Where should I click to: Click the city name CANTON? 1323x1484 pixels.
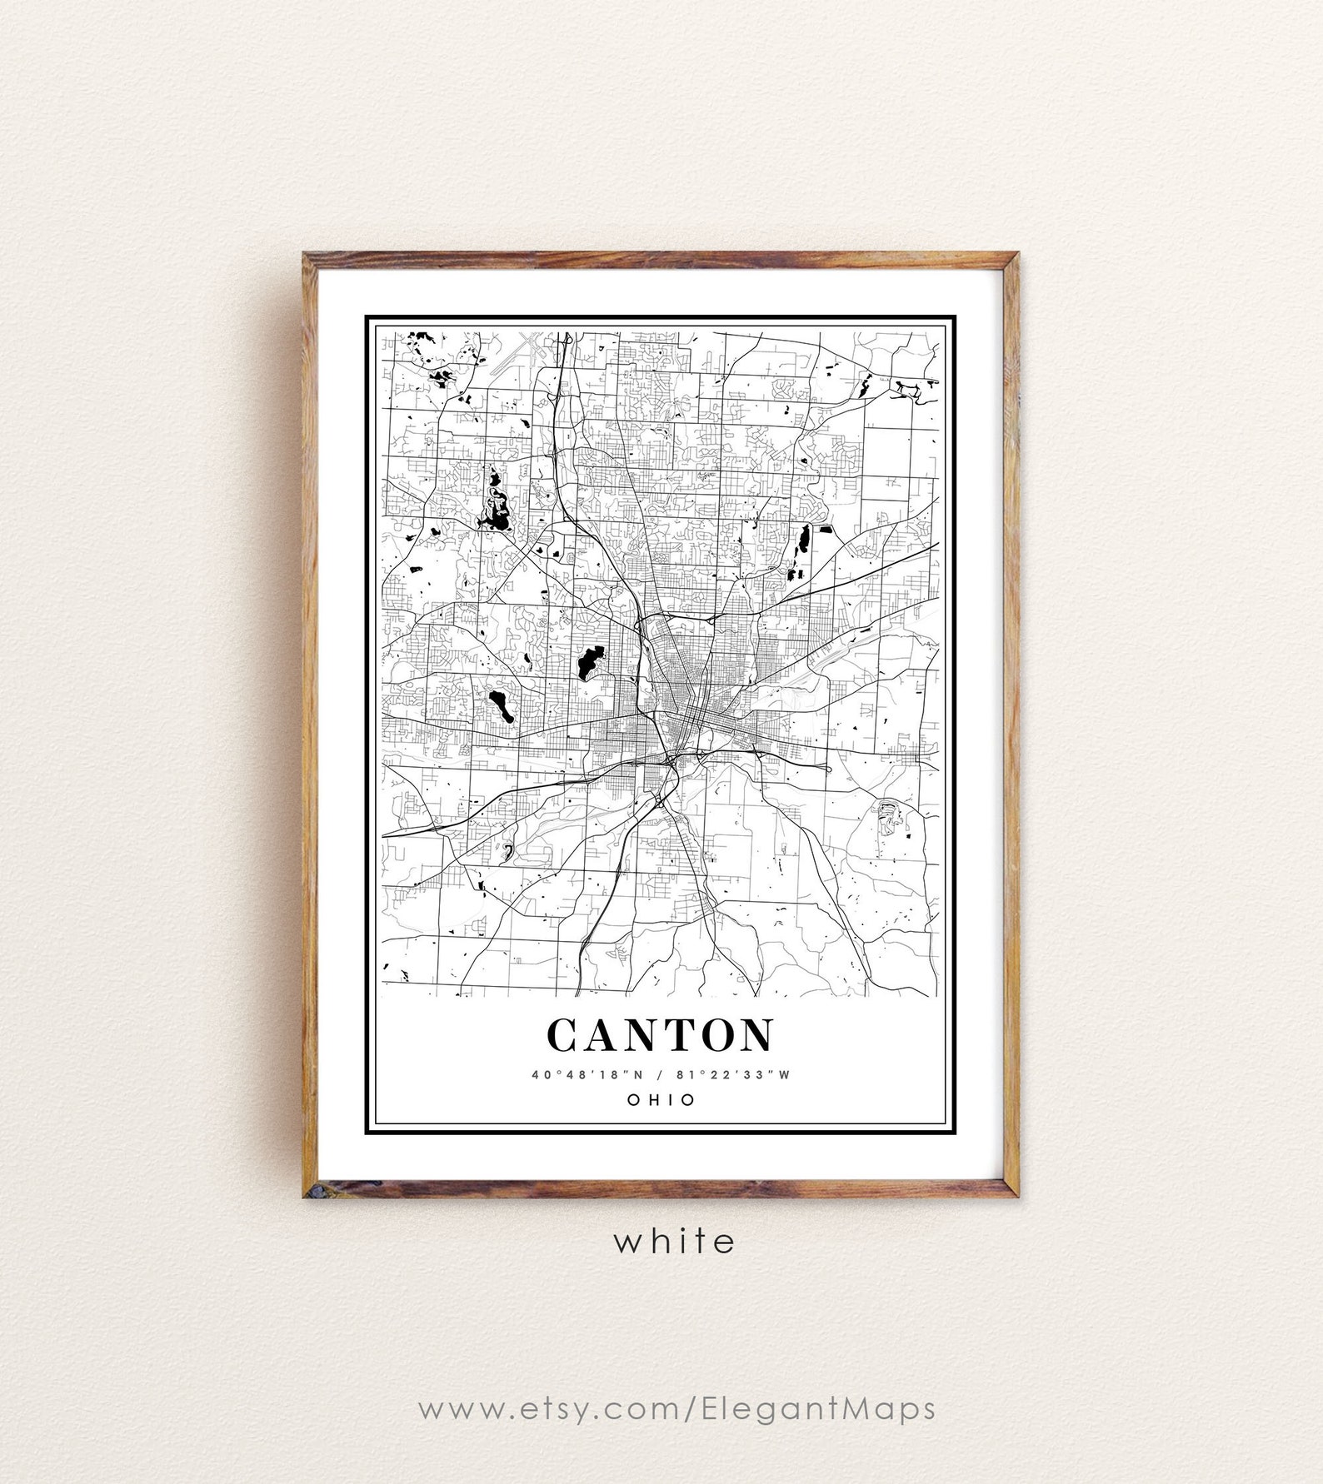pos(660,1035)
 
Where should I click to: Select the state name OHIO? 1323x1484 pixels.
pos(661,1099)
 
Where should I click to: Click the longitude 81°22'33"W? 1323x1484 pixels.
pos(738,1074)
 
